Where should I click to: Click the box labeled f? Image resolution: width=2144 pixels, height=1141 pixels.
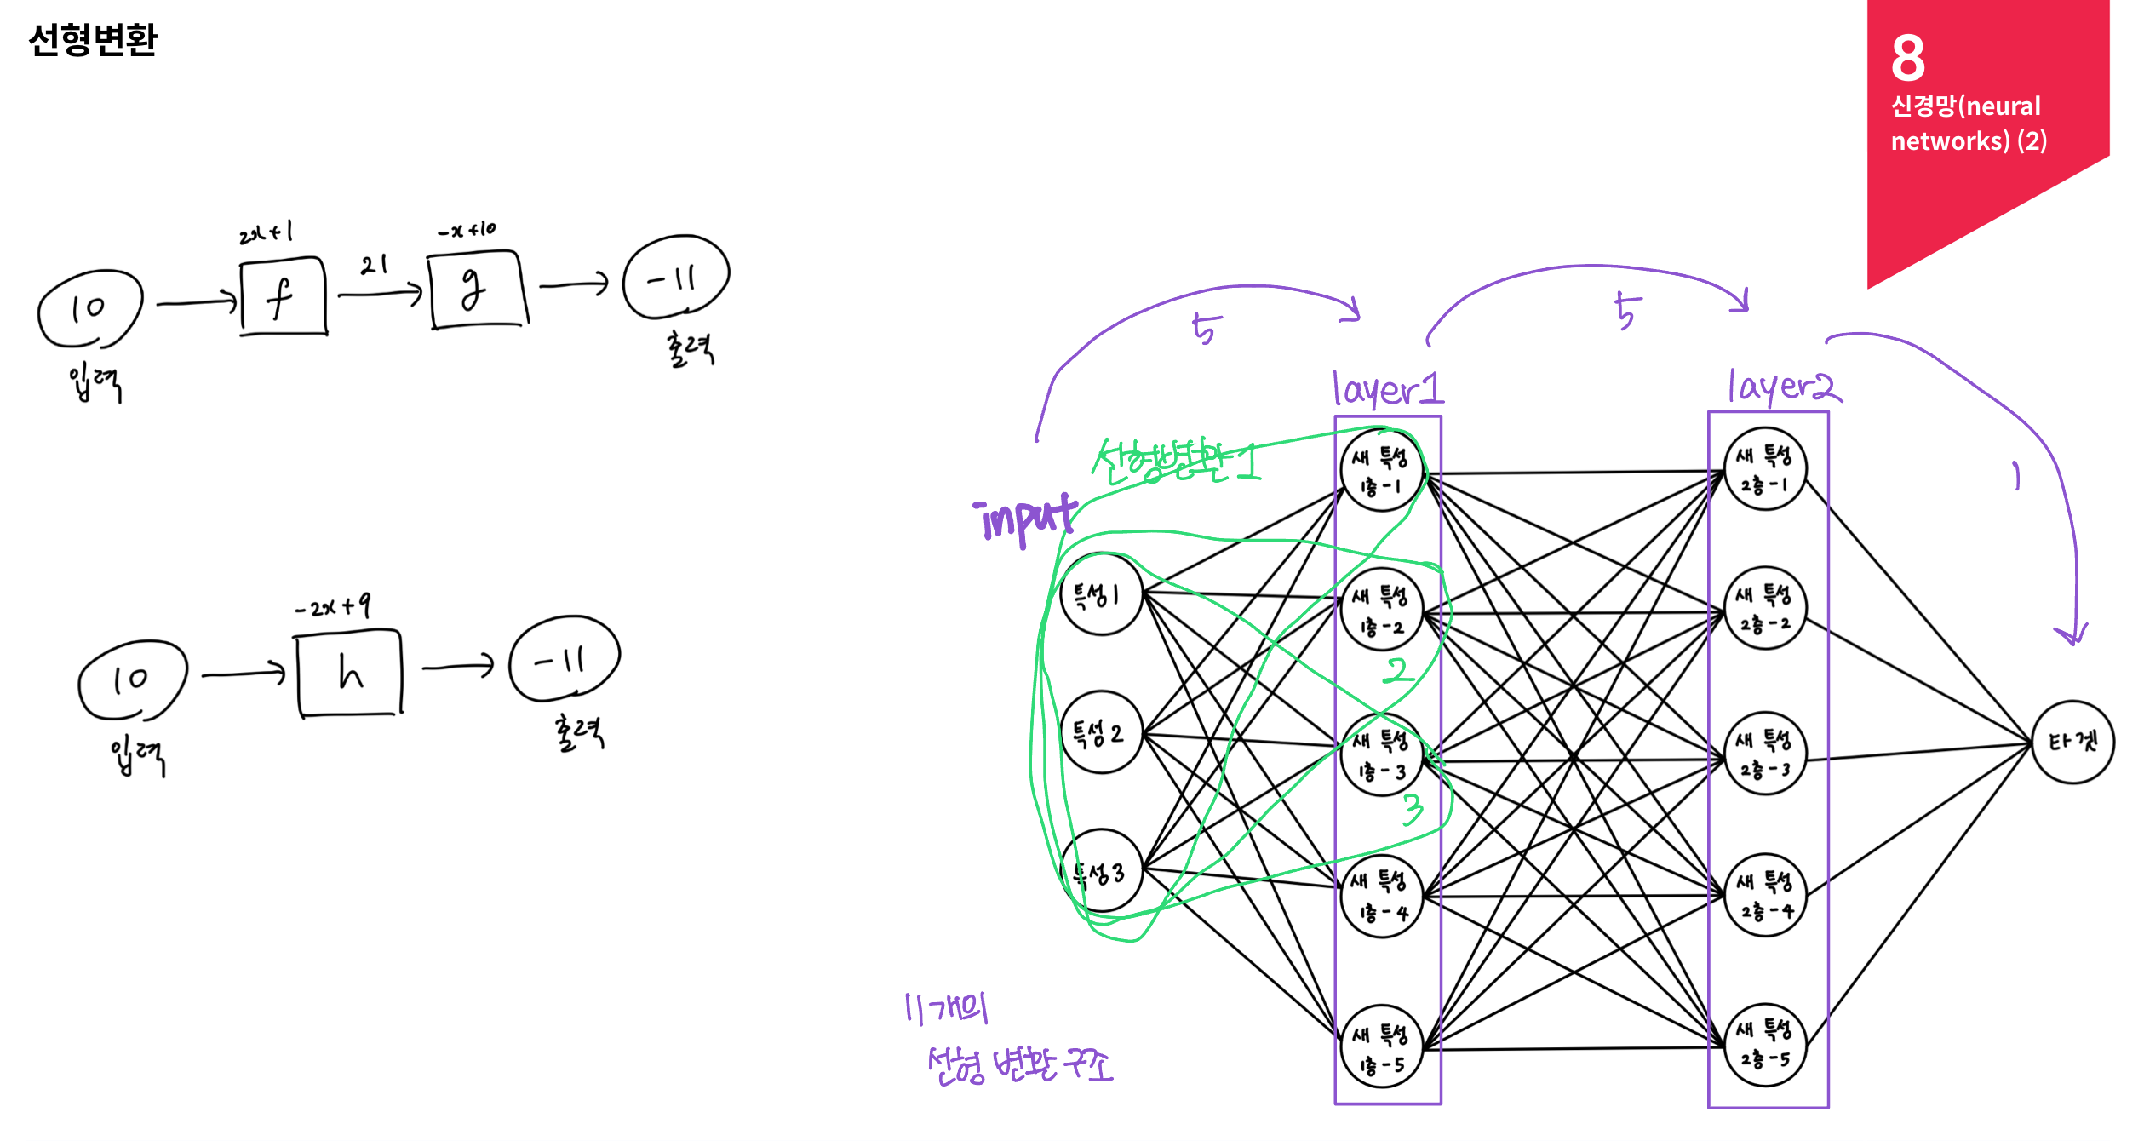click(x=284, y=296)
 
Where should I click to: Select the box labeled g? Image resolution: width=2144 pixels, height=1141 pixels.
click(x=477, y=290)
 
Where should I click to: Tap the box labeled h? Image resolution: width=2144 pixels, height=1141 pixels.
click(x=349, y=673)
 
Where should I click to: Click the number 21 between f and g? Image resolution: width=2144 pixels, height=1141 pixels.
click(x=374, y=265)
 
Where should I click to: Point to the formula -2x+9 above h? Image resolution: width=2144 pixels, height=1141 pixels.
click(x=332, y=606)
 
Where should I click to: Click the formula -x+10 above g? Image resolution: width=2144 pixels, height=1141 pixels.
click(x=467, y=230)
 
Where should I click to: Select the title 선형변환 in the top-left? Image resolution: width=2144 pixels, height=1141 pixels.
click(x=93, y=39)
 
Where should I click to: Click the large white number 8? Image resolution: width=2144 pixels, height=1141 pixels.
click(x=1908, y=58)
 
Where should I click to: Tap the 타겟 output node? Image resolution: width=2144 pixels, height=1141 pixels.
click(x=2072, y=743)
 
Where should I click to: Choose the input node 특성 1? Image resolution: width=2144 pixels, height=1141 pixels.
click(x=1101, y=594)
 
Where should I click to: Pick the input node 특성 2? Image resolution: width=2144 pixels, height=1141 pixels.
click(x=1101, y=732)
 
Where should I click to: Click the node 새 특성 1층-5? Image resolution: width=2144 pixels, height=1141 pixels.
click(x=1381, y=1046)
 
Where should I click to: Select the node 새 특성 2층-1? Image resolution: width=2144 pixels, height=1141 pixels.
click(x=1765, y=469)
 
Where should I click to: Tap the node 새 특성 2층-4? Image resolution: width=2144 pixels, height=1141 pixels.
click(x=1765, y=895)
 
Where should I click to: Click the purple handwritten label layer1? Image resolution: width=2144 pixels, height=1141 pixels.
click(x=1388, y=389)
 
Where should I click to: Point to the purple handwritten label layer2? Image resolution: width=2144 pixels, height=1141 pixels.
click(x=1783, y=387)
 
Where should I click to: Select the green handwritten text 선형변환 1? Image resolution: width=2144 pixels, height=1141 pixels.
click(x=1175, y=461)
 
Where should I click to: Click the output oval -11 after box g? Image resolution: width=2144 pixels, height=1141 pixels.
click(x=675, y=278)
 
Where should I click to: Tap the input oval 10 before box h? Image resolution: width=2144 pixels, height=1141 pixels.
click(x=132, y=679)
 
